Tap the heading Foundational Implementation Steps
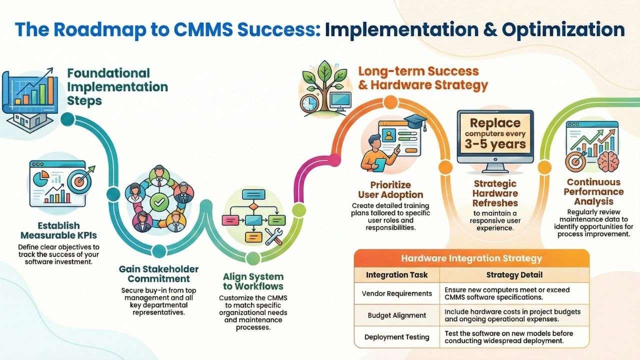pyautogui.click(x=117, y=86)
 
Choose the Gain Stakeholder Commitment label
pyautogui.click(x=159, y=274)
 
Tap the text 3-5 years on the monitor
pyautogui.click(x=494, y=144)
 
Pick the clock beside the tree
pyautogui.click(x=310, y=103)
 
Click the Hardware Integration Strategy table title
pyautogui.click(x=471, y=258)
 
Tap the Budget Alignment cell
pyautogui.click(x=397, y=315)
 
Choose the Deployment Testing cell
pyautogui.click(x=397, y=336)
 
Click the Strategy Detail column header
pyautogui.click(x=514, y=275)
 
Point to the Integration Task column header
pyautogui.click(x=397, y=275)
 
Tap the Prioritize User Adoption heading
pyautogui.click(x=390, y=190)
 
